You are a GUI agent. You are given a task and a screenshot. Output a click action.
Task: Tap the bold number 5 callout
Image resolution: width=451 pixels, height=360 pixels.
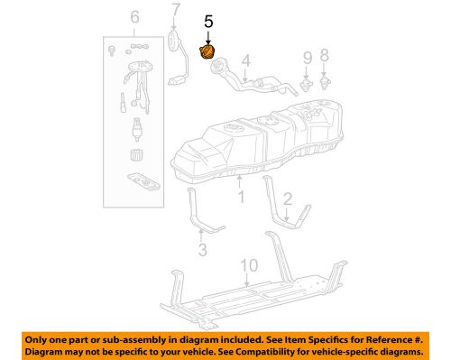coord(208,21)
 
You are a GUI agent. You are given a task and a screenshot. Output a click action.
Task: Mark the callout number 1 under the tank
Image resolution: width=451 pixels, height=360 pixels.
coord(240,193)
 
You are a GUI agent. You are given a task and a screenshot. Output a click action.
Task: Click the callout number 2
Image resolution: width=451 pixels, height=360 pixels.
coord(288,198)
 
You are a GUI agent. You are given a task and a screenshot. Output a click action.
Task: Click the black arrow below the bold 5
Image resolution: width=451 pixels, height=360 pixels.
coord(208,36)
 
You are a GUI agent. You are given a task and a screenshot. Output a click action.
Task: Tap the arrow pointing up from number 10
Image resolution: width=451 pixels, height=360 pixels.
coord(244,282)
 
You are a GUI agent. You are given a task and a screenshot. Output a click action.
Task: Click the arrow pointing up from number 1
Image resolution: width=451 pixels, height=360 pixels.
coord(240,180)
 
